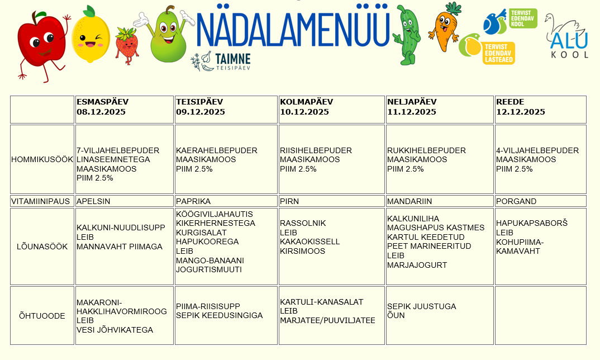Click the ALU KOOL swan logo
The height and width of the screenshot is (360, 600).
pos(566,36)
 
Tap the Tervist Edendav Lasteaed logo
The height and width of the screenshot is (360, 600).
pos(487,49)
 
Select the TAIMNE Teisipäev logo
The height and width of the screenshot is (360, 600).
pos(221,61)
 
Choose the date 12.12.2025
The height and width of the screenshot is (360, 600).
pos(520,112)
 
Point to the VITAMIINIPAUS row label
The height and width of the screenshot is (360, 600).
pos(42,201)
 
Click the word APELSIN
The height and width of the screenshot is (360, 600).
pos(93,201)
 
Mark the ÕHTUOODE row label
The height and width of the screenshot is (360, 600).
pos(42,316)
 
